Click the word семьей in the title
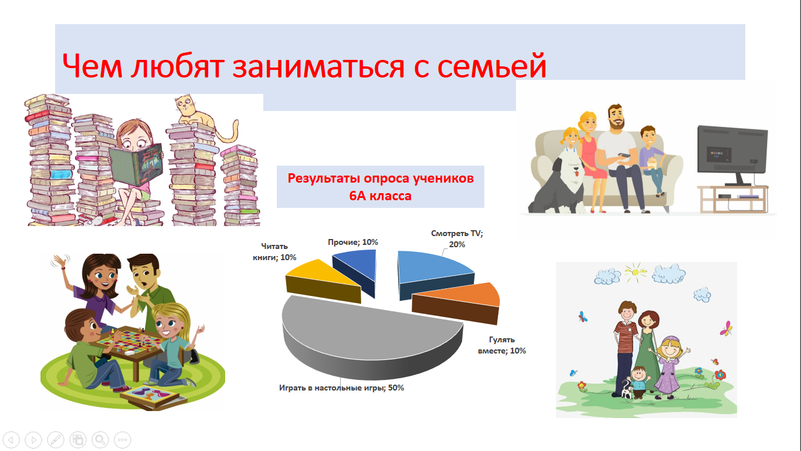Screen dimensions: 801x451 pos(492,66)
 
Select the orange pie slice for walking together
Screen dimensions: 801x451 pos(456,302)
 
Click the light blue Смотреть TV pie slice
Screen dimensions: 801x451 pos(435,274)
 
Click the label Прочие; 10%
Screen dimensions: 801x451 pos(353,242)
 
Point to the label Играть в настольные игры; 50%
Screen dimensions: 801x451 pos(341,388)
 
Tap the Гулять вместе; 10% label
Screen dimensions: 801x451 pos(502,345)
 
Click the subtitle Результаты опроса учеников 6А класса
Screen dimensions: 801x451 pos(381,187)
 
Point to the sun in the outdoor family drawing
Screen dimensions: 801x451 pos(636,272)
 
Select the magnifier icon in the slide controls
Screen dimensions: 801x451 pos(100,439)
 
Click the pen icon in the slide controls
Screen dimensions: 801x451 pos(56,439)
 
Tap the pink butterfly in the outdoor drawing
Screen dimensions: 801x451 pos(727,329)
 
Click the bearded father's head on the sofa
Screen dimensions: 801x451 pos(616,117)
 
